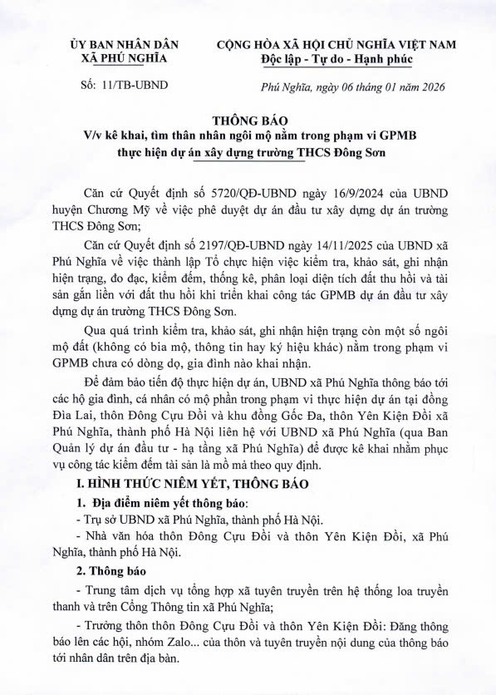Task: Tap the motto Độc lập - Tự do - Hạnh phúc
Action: pyautogui.click(x=336, y=59)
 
